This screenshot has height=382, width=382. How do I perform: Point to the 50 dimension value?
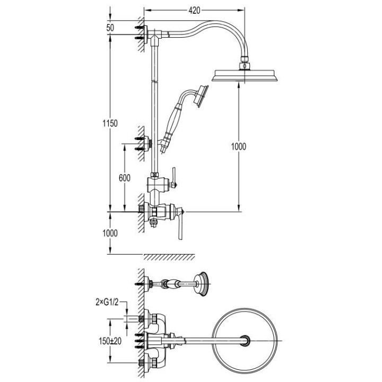click(110, 27)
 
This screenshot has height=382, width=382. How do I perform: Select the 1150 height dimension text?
click(110, 123)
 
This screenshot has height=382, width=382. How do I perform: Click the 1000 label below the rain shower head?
click(239, 146)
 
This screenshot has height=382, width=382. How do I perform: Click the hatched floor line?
click(169, 257)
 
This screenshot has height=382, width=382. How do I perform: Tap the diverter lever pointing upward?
click(172, 176)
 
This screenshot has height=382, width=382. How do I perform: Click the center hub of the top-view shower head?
click(246, 341)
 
